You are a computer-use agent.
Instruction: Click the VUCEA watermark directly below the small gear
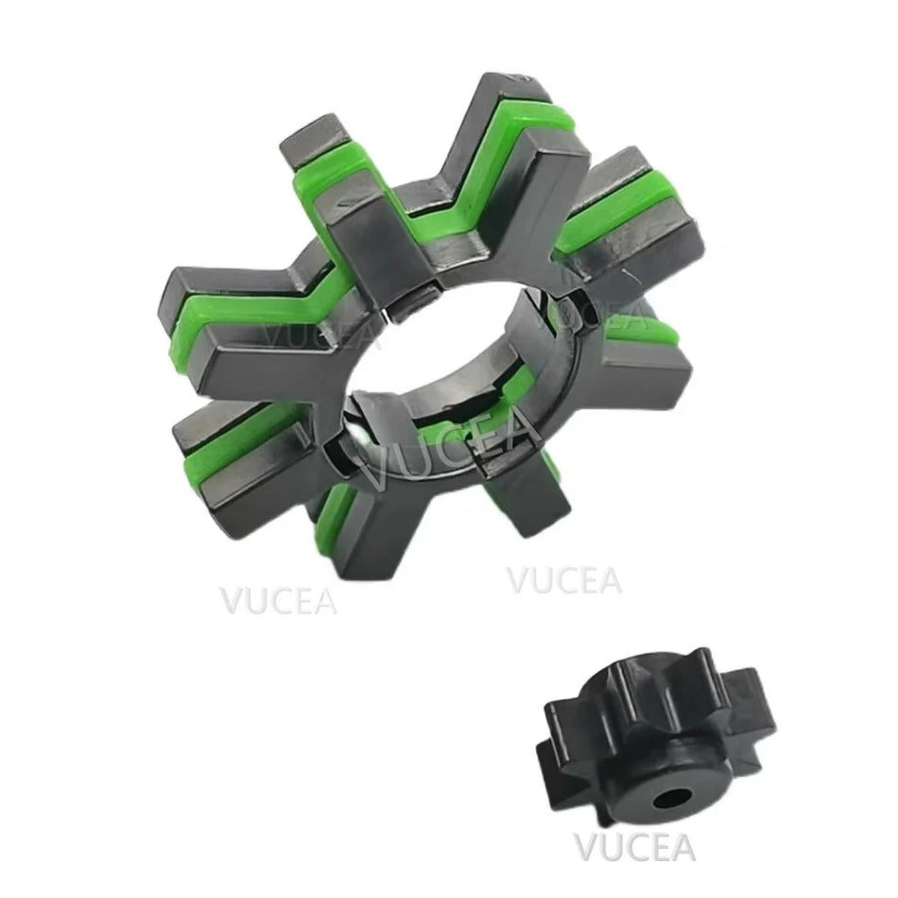pyautogui.click(x=633, y=848)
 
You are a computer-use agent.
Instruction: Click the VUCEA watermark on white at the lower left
pyautogui.click(x=278, y=599)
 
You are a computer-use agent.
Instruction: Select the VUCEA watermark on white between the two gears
pyautogui.click(x=564, y=579)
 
